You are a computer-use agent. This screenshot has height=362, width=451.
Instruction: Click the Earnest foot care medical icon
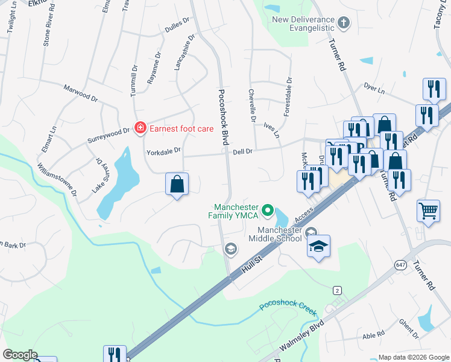[140, 127]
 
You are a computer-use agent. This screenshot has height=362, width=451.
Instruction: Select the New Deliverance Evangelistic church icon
[344, 24]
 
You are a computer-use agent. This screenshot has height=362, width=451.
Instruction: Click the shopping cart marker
[428, 212]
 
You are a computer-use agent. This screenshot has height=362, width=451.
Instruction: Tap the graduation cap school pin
[318, 246]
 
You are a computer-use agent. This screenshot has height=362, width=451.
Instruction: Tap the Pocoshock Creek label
[288, 305]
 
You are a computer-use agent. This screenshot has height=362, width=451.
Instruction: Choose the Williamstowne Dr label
[57, 179]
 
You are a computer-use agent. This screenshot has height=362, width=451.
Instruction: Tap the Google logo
[20, 355]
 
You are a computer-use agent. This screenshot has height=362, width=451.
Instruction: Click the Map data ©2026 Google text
[413, 357]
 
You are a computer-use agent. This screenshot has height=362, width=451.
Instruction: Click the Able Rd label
[373, 334]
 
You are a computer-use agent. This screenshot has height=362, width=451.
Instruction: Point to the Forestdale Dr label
[289, 97]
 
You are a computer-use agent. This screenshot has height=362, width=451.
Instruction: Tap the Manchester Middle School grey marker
[311, 233]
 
